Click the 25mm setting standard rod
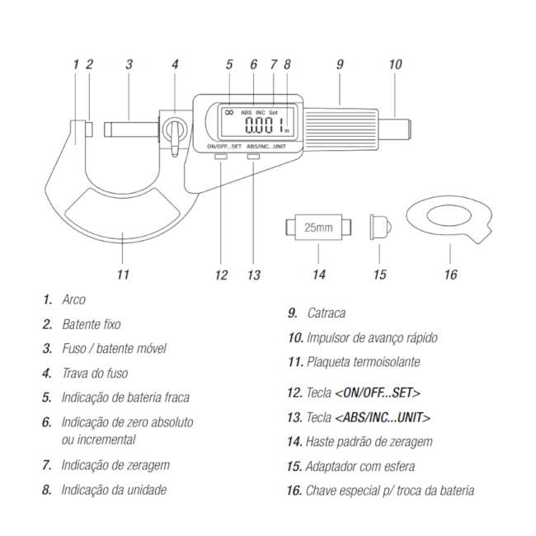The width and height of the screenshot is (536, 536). (x=318, y=227)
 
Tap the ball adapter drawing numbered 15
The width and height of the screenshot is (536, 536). (x=379, y=225)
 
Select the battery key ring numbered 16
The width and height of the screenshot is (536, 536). (x=449, y=220)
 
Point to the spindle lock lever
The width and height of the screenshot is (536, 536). (x=175, y=131)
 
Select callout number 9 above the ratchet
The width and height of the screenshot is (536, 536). (x=338, y=63)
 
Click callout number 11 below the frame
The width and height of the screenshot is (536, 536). (x=123, y=273)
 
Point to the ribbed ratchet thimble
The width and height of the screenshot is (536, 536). (x=337, y=123)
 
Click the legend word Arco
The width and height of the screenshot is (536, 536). (x=74, y=300)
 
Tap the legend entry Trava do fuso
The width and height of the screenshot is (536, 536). (x=95, y=374)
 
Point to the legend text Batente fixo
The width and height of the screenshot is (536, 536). (x=92, y=325)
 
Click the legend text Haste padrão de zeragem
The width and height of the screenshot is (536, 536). (x=369, y=442)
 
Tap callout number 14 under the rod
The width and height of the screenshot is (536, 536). (x=318, y=274)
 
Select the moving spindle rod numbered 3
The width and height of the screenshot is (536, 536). (x=130, y=129)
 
